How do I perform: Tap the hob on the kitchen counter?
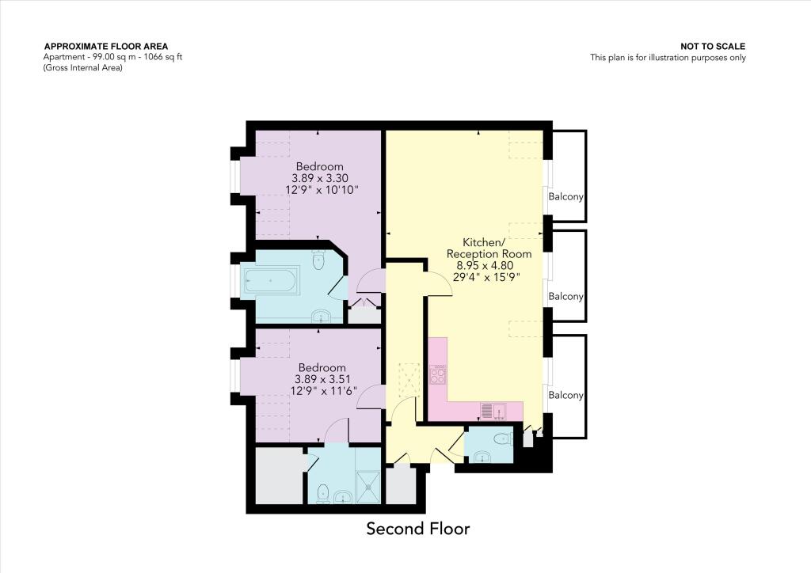[x=438, y=374]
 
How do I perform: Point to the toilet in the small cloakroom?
[x=501, y=438]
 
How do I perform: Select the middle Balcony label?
[x=566, y=297]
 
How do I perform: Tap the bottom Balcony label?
[x=566, y=395]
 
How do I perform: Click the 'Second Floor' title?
[x=417, y=529]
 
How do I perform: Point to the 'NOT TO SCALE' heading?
[x=713, y=47]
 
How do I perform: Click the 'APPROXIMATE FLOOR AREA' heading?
[x=106, y=47]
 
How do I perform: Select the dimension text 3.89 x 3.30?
[x=320, y=178]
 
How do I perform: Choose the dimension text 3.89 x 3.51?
[x=322, y=379]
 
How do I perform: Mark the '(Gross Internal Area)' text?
[x=83, y=67]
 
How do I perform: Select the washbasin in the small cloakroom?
[x=483, y=456]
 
